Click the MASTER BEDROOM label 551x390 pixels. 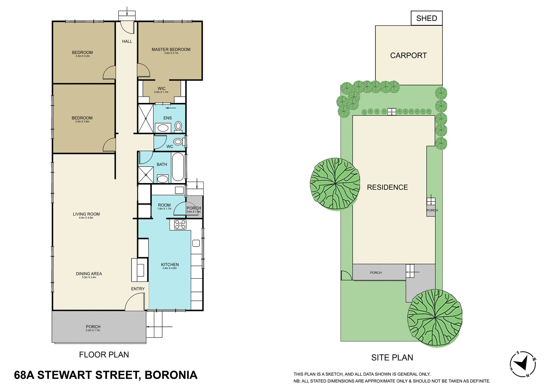point(171,49)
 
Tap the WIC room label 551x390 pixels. point(162,89)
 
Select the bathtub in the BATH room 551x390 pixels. point(178,167)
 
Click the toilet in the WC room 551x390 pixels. point(178,142)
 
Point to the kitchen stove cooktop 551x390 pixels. point(180,225)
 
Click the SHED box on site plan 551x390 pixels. point(426,18)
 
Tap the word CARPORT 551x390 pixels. point(408,56)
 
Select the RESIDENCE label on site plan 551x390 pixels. point(387,187)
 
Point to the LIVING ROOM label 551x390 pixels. point(86,214)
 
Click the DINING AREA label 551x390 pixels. point(89,273)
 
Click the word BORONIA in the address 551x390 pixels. point(171,375)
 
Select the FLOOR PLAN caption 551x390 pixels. point(104,355)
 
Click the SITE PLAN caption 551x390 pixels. point(392,358)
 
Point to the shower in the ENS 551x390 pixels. point(145,119)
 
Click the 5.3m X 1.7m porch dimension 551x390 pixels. point(93,330)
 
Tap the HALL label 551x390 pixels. point(127,42)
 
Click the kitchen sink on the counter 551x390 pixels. point(196,243)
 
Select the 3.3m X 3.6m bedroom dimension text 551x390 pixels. point(82,122)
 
